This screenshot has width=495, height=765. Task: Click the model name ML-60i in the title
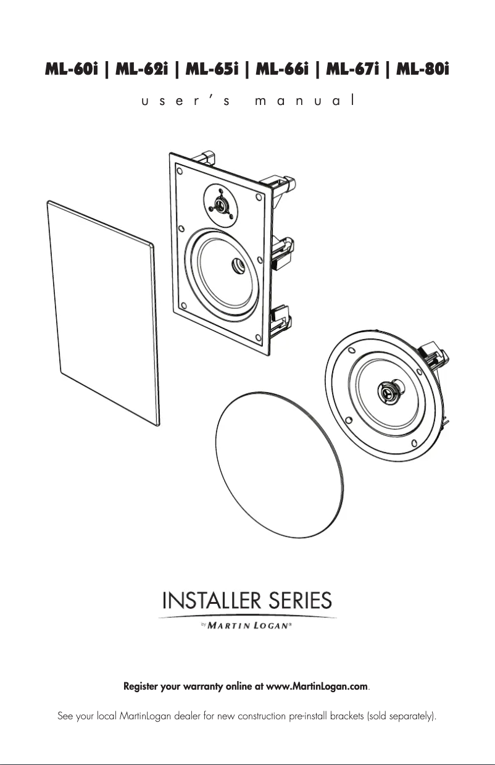tap(71, 70)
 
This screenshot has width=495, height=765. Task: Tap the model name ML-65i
tap(212, 70)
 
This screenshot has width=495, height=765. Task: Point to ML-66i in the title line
tap(282, 70)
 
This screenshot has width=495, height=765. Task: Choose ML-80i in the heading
tap(423, 70)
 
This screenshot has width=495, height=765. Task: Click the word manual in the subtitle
tap(304, 100)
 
